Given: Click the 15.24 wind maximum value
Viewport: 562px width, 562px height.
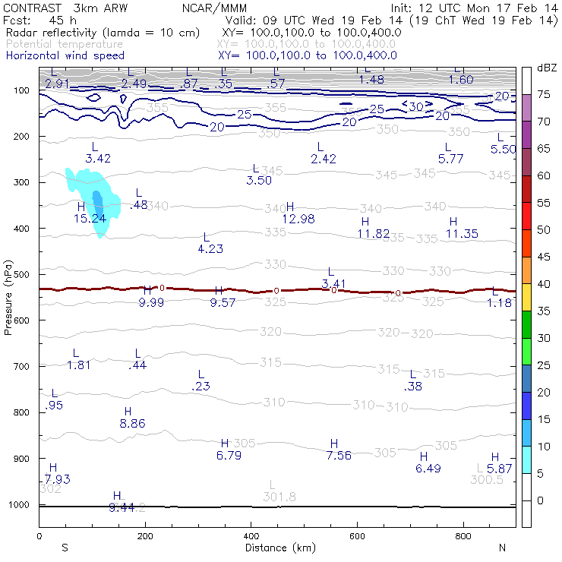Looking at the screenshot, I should (x=90, y=219).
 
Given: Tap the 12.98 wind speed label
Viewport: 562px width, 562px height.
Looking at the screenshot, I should (x=298, y=219).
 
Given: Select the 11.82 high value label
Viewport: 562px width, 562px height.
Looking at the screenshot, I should (x=374, y=233).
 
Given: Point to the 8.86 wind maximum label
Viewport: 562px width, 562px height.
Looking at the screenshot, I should (x=133, y=424).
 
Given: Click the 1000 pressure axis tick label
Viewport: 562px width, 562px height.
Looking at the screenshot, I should (x=21, y=505).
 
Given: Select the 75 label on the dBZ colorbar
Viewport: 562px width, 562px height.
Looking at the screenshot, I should (x=543, y=95).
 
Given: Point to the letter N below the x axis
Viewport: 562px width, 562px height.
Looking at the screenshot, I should (x=501, y=548).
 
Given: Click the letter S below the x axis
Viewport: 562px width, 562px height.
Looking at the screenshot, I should (x=65, y=548).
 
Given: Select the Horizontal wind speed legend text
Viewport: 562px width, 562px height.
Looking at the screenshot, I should (x=65, y=56).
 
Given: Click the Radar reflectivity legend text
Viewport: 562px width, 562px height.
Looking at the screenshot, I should (x=103, y=33).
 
